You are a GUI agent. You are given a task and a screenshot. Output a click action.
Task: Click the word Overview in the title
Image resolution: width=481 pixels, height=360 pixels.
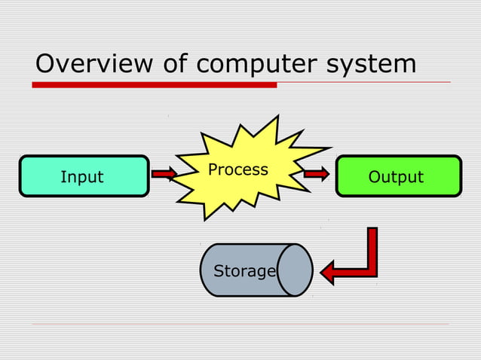(x=86, y=64)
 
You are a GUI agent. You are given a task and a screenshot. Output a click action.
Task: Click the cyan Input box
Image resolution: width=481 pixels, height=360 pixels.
(x=84, y=176)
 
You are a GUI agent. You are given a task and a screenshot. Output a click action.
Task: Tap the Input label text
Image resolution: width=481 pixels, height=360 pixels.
(x=81, y=177)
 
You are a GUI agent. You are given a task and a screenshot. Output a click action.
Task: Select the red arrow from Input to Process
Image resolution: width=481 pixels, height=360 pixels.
(x=164, y=175)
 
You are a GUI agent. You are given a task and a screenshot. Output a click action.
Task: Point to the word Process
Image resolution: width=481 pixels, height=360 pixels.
(x=238, y=169)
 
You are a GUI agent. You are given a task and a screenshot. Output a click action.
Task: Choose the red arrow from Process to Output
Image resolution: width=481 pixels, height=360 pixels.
(x=317, y=174)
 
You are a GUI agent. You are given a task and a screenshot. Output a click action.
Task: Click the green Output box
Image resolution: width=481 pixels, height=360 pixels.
(x=397, y=176)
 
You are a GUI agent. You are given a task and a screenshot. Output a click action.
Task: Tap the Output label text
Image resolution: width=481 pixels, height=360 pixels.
(x=396, y=177)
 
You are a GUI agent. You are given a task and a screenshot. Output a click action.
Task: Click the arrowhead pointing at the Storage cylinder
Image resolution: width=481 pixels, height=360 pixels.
(x=329, y=270)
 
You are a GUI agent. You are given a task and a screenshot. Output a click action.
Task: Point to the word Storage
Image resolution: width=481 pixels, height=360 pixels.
(x=244, y=271)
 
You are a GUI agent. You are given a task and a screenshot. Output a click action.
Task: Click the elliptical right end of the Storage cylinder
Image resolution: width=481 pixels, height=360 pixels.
(x=295, y=270)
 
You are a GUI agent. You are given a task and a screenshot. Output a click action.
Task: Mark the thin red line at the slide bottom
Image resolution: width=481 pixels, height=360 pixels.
(x=241, y=325)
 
